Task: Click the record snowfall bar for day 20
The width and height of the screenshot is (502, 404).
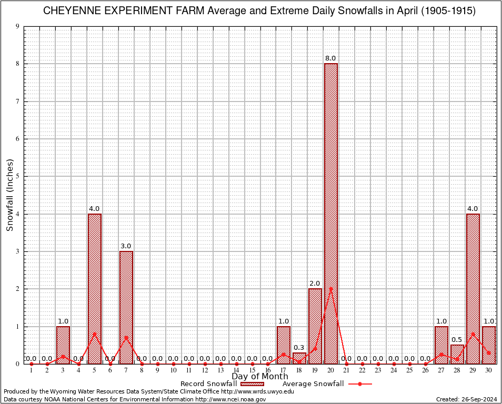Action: (x=331, y=213)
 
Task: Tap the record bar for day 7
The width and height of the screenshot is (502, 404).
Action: (x=126, y=307)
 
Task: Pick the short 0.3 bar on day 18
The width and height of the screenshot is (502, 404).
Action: (x=299, y=358)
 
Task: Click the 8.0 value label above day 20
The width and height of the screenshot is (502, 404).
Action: (x=331, y=58)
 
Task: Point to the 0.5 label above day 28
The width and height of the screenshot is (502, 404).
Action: (x=457, y=340)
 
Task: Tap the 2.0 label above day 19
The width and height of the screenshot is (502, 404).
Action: (x=315, y=284)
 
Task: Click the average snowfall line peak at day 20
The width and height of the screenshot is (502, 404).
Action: (x=331, y=289)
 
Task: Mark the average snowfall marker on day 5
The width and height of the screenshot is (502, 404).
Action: (x=95, y=334)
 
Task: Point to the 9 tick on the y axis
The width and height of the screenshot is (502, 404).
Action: (x=17, y=26)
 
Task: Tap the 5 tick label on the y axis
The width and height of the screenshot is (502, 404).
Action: (x=17, y=176)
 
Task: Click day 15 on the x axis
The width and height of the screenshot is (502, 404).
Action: (x=252, y=370)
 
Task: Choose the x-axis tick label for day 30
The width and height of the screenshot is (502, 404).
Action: (x=489, y=370)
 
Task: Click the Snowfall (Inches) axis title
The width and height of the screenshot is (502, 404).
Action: (x=10, y=195)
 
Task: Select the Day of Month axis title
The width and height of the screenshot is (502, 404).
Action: (x=260, y=377)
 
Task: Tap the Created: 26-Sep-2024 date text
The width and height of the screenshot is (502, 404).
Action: (x=466, y=399)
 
